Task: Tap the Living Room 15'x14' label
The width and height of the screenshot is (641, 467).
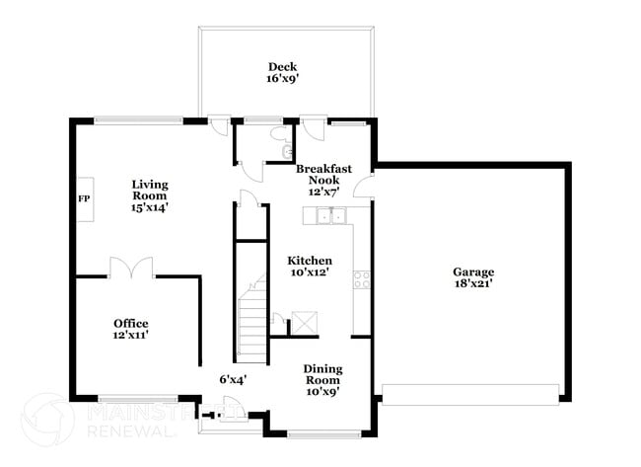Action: pos(150,195)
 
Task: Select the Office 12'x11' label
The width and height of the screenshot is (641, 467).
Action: pos(130,329)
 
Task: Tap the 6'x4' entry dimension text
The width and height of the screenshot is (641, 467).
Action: pos(233,378)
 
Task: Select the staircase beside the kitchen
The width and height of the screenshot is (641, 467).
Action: pos(251,316)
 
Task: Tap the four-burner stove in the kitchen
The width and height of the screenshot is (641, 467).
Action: pos(362,279)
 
